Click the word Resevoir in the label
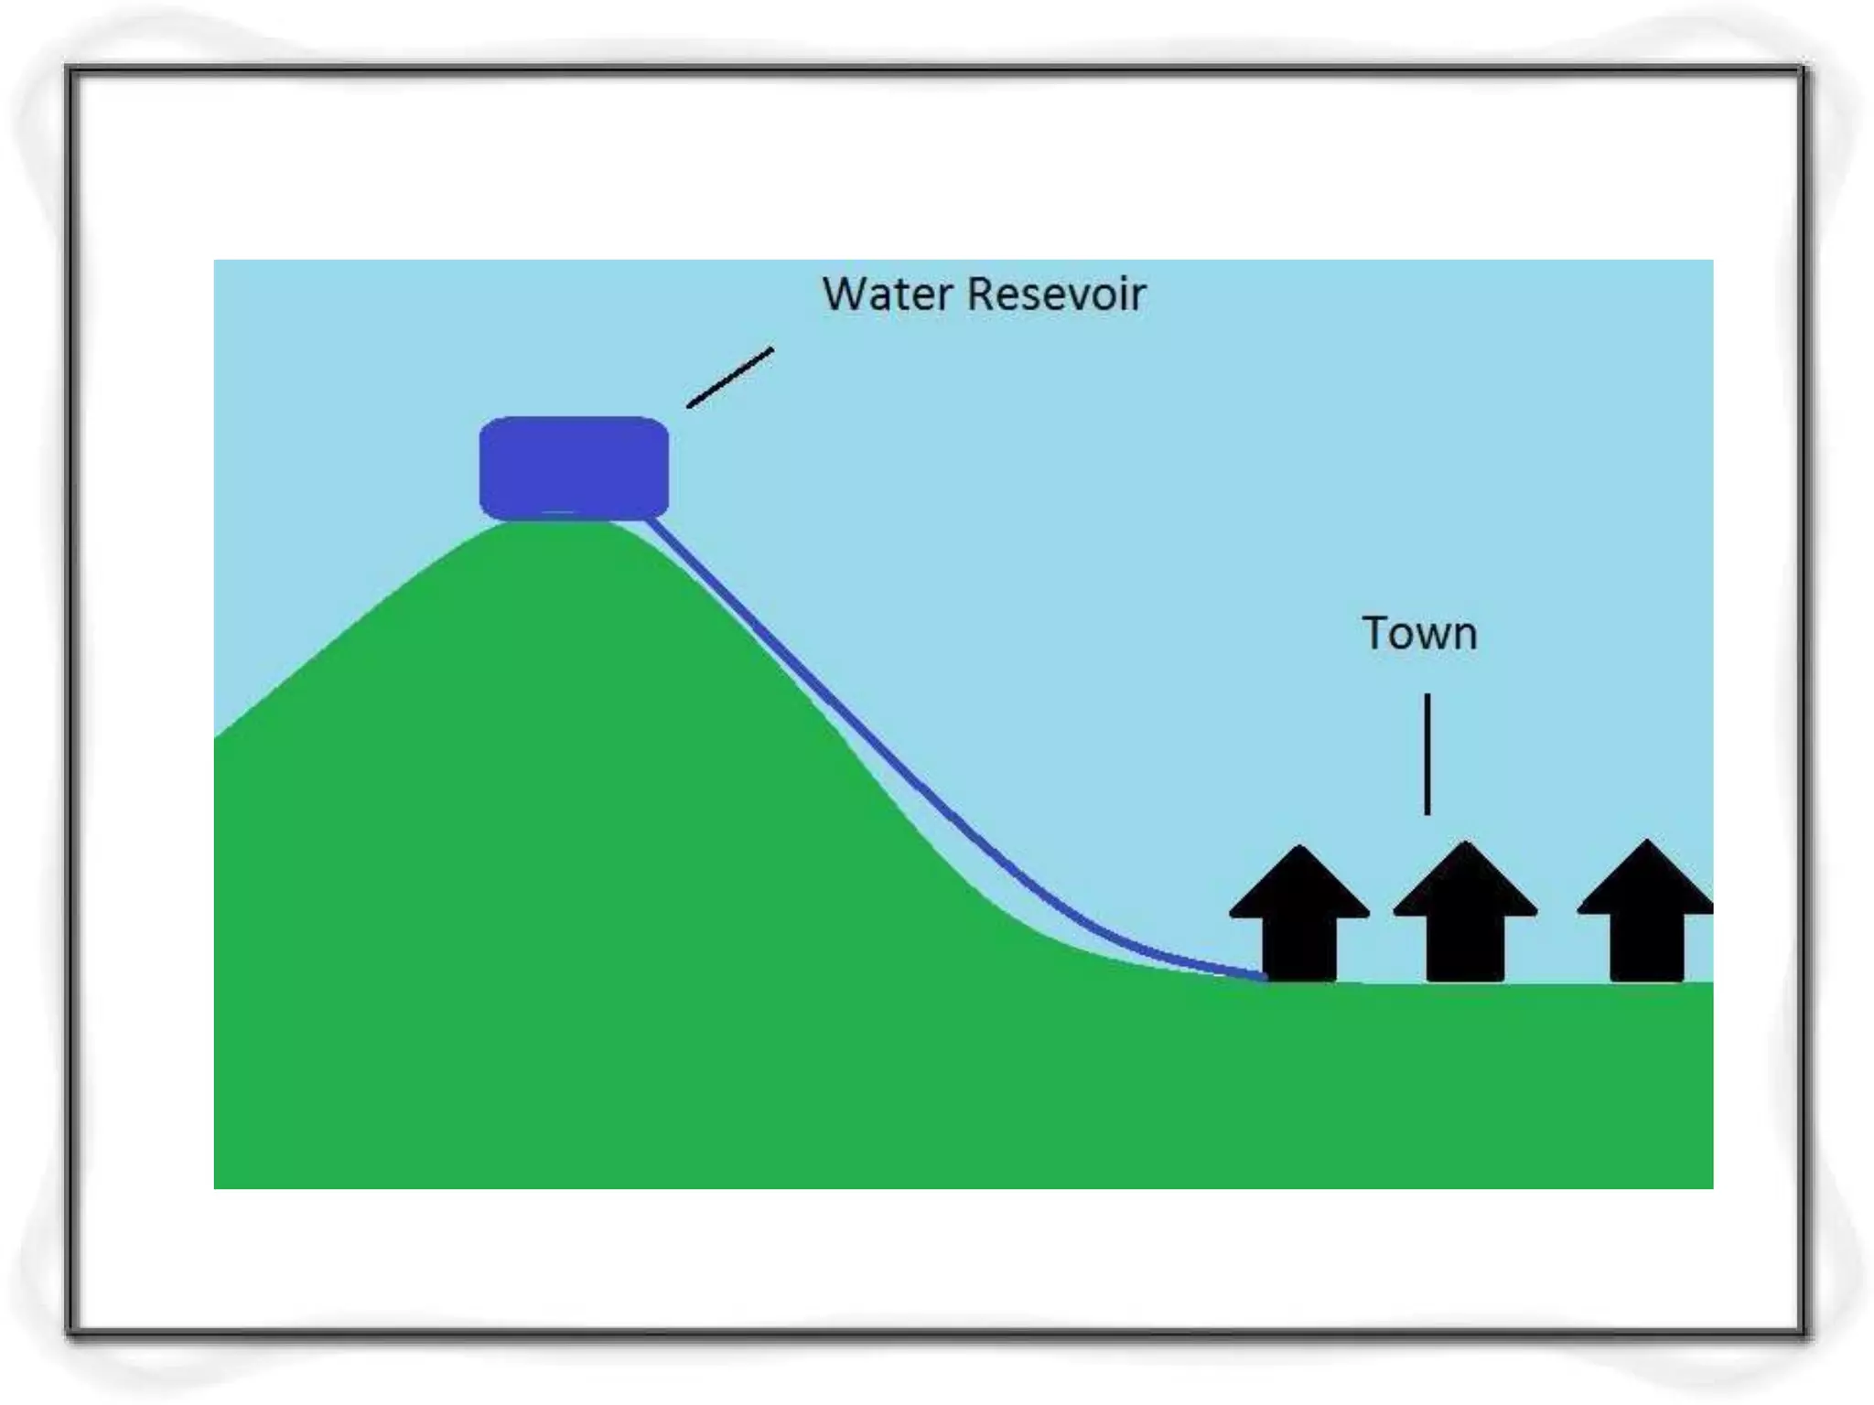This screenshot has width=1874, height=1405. coord(1056,295)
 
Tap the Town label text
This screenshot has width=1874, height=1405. coord(1419,634)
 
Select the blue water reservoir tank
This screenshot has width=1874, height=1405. coord(574,467)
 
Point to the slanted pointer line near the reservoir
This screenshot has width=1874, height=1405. coord(730,377)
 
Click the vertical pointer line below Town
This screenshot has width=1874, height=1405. coord(1427,754)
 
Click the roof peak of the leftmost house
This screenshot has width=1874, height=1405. coord(1299,850)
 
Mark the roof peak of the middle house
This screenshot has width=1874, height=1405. coord(1465,844)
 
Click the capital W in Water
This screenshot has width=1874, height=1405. coord(844,295)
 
